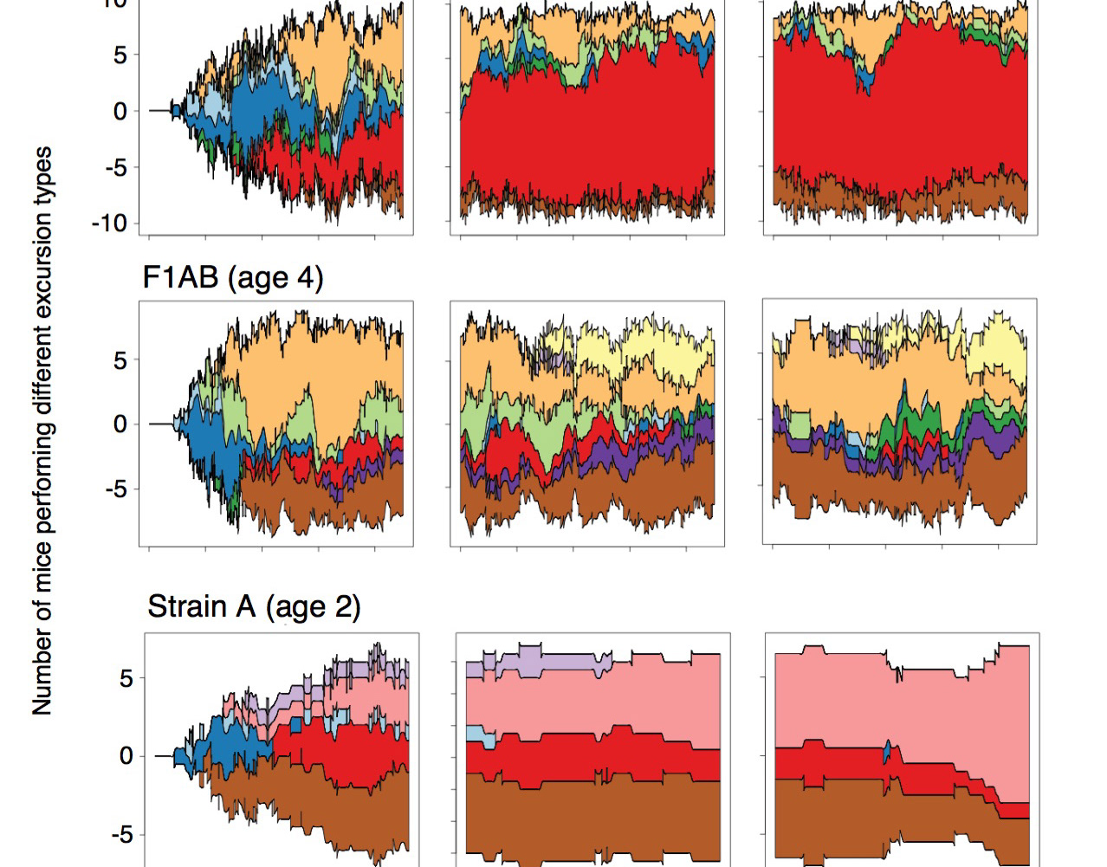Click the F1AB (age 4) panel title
[232, 277]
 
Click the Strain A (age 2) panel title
[253, 606]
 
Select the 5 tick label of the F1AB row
[120, 360]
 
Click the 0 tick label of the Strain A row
[126, 756]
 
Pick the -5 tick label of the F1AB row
[116, 488]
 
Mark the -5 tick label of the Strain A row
[120, 835]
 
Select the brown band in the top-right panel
[901, 195]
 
